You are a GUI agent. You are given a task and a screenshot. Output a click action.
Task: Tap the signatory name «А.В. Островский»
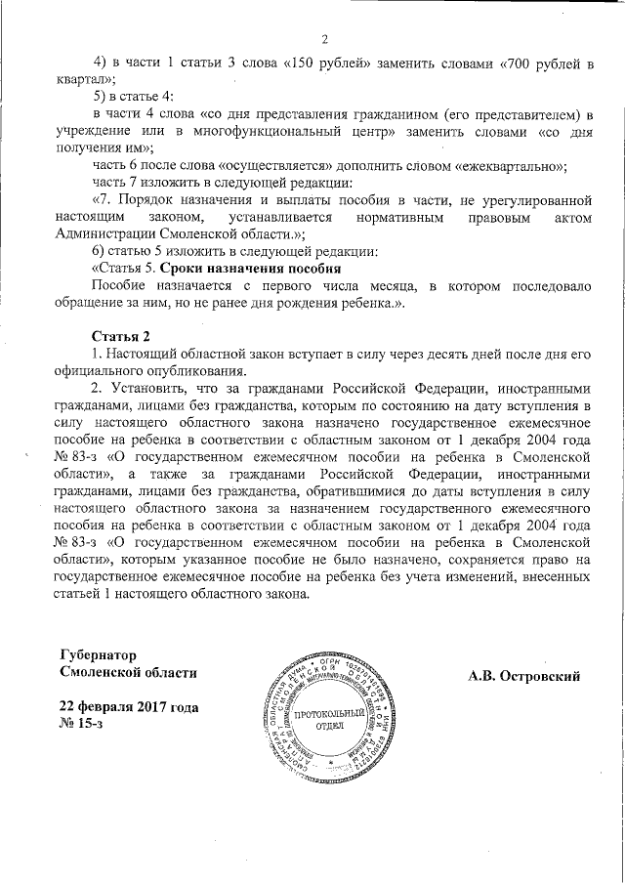(524, 675)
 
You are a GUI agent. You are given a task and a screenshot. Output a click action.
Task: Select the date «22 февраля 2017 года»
(130, 706)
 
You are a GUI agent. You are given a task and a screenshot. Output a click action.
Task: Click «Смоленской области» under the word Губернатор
(128, 672)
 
